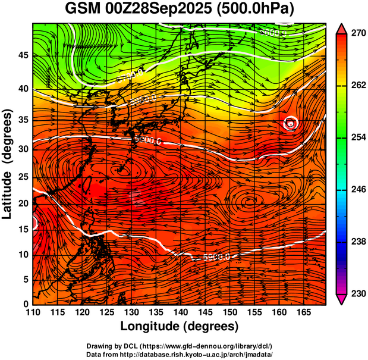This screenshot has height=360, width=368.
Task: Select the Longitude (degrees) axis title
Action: [180, 327]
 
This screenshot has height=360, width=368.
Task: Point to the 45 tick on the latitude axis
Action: [22, 55]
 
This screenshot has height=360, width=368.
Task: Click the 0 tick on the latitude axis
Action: [26, 304]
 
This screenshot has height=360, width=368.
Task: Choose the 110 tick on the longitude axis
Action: [33, 312]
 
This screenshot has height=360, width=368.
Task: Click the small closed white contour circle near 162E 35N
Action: [290, 123]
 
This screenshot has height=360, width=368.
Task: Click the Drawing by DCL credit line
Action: [180, 346]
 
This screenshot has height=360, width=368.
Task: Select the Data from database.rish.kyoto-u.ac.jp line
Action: [180, 353]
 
